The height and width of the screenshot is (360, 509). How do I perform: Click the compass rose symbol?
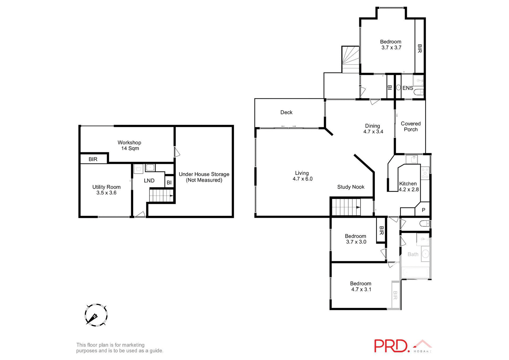click(96, 315)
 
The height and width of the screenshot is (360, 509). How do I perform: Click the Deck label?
click(286, 112)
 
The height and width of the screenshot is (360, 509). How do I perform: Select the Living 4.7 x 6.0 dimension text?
click(302, 179)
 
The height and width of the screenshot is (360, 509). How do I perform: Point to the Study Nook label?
click(350, 187)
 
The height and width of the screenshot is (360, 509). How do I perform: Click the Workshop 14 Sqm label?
click(129, 145)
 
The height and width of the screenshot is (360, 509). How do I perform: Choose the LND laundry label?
click(149, 181)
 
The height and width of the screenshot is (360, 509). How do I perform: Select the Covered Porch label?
click(411, 126)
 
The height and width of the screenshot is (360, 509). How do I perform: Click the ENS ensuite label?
click(407, 88)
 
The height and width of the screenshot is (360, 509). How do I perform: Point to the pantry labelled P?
click(423, 210)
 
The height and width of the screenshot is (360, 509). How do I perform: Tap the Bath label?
click(413, 254)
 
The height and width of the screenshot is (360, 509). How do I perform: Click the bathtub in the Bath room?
click(415, 273)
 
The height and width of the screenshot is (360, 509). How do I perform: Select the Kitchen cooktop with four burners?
click(425, 173)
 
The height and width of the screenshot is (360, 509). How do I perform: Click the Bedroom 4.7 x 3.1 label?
click(361, 286)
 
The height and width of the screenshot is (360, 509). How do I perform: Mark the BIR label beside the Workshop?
click(93, 159)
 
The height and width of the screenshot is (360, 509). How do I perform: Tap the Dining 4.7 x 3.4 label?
click(373, 129)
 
